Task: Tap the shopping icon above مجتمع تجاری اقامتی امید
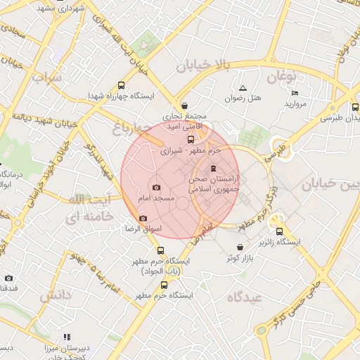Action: pyautogui.click(x=184, y=105)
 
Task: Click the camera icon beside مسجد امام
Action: pyautogui.click(x=156, y=188)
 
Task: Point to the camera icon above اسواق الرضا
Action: pyautogui.click(x=143, y=218)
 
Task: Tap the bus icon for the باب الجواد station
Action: pyautogui.click(x=161, y=250)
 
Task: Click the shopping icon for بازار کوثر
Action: pyautogui.click(x=241, y=247)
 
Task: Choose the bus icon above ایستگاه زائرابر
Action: pyautogui.click(x=279, y=231)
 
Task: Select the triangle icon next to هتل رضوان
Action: pyautogui.click(x=243, y=89)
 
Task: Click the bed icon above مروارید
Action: pyautogui.click(x=295, y=93)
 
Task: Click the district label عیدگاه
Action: pyautogui.click(x=244, y=297)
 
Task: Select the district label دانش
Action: pyautogui.click(x=56, y=296)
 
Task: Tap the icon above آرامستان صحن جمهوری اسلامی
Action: pyautogui.click(x=214, y=168)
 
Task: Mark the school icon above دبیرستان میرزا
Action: pyautogui.click(x=67, y=337)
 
